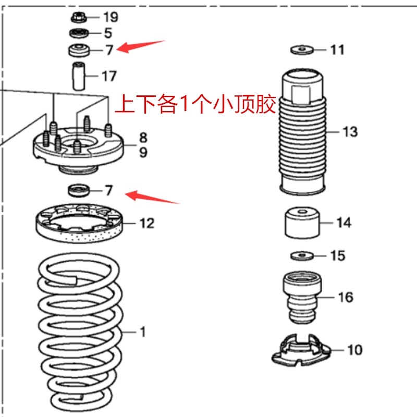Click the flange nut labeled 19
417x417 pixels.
pyautogui.click(x=79, y=17)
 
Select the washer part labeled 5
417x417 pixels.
pyautogui.click(x=79, y=34)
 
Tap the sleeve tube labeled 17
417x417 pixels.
pyautogui.click(x=78, y=75)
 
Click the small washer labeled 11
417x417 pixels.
pyautogui.click(x=301, y=50)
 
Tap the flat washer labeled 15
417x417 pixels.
pyautogui.click(x=301, y=255)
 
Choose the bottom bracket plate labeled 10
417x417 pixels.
pyautogui.click(x=302, y=350)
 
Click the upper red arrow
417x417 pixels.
pyautogui.click(x=140, y=46)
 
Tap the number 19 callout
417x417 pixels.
pyautogui.click(x=110, y=17)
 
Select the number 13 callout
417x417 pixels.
pyautogui.click(x=350, y=131)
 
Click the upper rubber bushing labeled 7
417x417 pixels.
pyautogui.click(x=79, y=51)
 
